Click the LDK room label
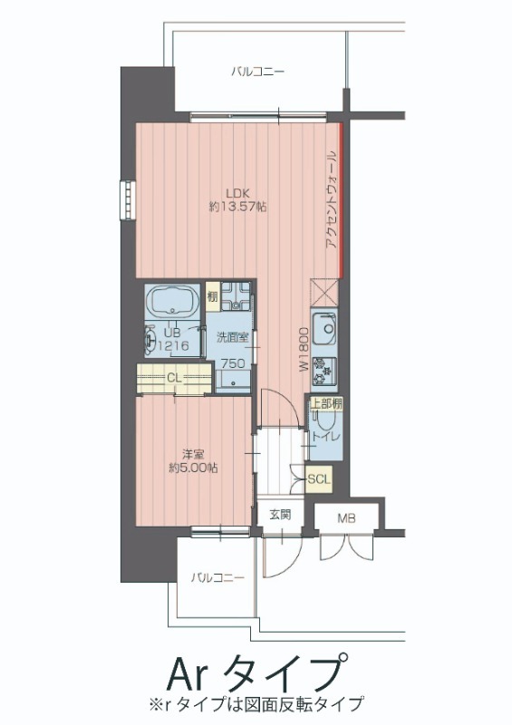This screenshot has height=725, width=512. [x=237, y=193]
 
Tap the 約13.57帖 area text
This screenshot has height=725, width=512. [x=237, y=207]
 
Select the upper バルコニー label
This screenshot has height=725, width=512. [x=257, y=72]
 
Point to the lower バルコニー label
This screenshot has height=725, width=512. [x=217, y=577]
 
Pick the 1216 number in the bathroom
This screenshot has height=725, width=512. [x=173, y=345]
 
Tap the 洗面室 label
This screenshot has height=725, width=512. [x=233, y=337]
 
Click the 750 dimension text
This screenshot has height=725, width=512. [x=233, y=364]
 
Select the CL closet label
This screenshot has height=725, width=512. [x=174, y=378]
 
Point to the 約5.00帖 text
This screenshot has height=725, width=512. [x=193, y=468]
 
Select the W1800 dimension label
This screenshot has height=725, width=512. [x=304, y=349]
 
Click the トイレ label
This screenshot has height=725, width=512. [x=326, y=436]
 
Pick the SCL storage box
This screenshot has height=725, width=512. [x=319, y=479]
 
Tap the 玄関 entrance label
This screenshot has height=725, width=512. [x=280, y=515]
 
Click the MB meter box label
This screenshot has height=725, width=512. [x=346, y=518]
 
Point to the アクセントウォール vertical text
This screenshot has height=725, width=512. [x=332, y=200]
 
